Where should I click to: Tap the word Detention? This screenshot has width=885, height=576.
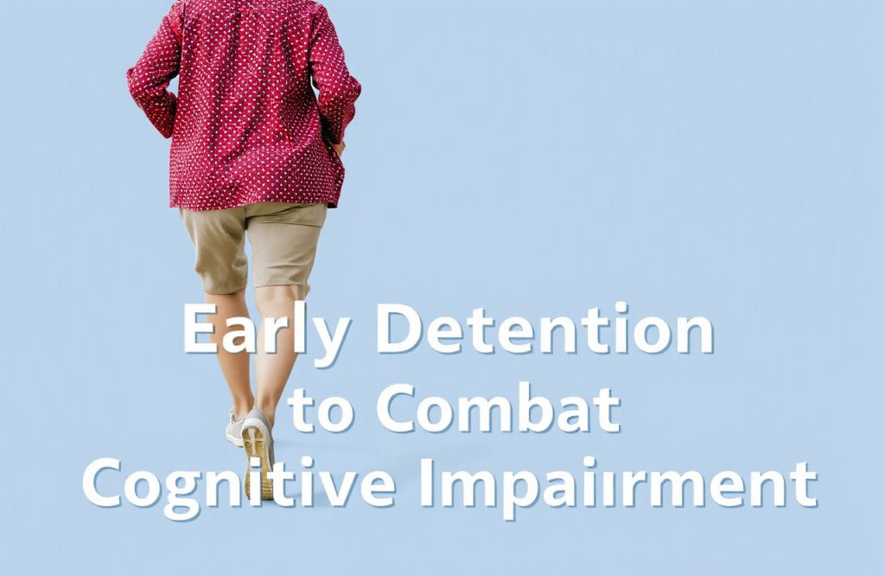[544, 330]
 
